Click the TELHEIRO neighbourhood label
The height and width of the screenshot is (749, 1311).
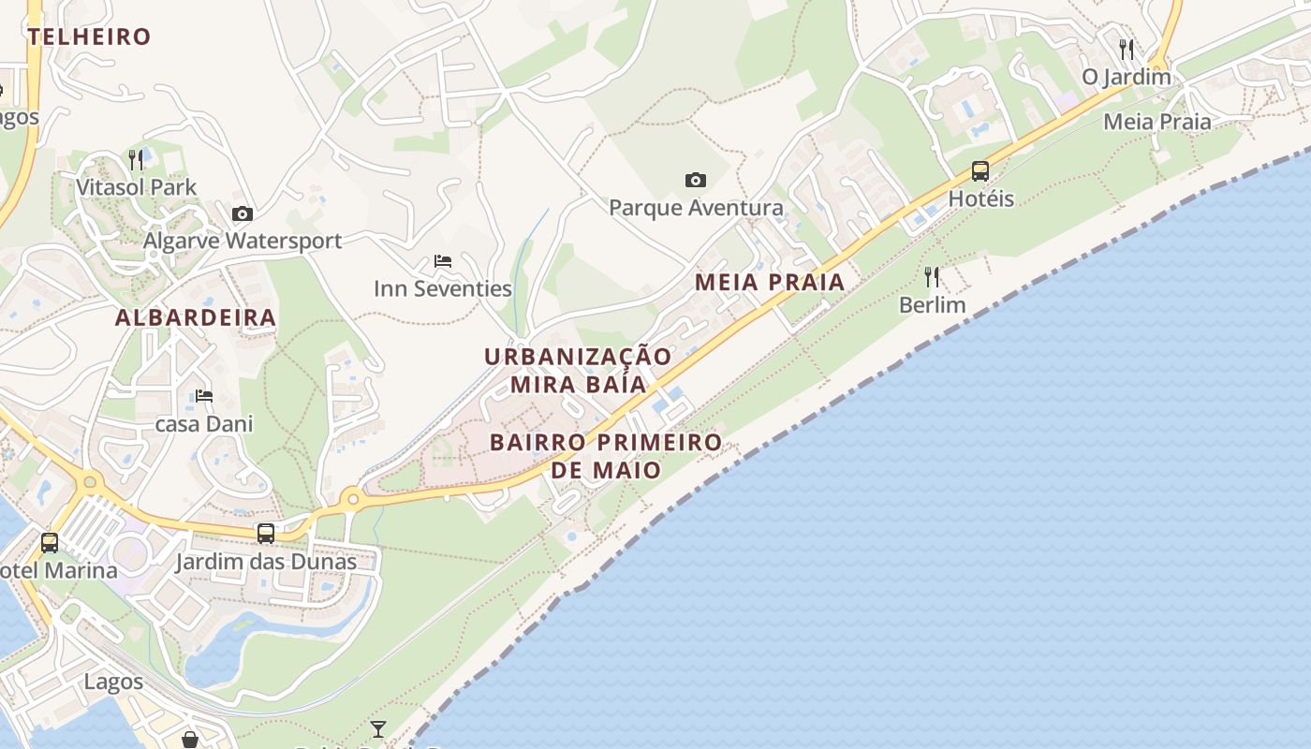[89, 37]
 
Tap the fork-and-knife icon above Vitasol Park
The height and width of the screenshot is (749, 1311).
[136, 160]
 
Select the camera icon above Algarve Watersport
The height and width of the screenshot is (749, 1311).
[243, 213]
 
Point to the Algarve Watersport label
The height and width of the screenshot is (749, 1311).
[243, 241]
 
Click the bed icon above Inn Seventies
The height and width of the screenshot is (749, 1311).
[443, 261]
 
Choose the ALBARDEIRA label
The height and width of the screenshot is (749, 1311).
[196, 318]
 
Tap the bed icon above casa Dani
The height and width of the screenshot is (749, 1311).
[204, 396]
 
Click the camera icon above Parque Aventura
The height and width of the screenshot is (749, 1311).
[695, 180]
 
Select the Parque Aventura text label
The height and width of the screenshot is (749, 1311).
[696, 208]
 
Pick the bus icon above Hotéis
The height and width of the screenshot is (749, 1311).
[980, 171]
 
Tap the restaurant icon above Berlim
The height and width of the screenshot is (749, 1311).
[932, 277]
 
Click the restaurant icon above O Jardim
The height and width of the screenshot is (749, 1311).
[1127, 49]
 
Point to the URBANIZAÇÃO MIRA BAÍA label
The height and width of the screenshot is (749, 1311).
[579, 371]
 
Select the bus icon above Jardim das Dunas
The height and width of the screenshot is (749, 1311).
[266, 534]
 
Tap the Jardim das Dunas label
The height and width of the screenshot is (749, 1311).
[266, 563]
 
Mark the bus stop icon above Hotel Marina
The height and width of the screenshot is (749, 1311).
[50, 542]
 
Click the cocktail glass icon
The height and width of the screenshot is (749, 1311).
[378, 728]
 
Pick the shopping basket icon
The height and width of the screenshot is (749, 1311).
[190, 741]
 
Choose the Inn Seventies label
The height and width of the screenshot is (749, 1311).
[443, 289]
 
